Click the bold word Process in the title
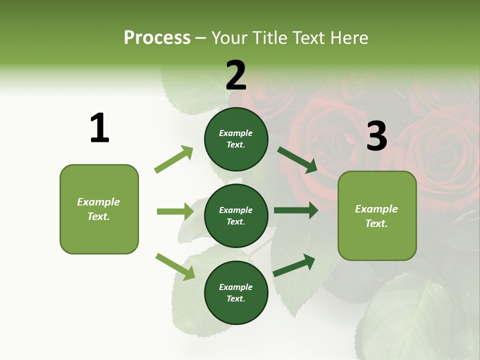point(157,37)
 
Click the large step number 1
point(99,128)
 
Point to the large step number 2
point(236,75)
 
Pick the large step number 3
point(376,136)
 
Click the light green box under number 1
point(99,209)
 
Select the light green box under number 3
point(377,215)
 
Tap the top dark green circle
point(236,139)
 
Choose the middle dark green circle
point(236,215)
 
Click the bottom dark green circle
point(236,292)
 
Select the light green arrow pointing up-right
point(174,159)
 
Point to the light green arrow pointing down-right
point(175,266)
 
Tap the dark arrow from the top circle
point(297,159)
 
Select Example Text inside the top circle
point(236,139)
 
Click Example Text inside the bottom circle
point(236,292)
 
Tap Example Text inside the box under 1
point(98,209)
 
